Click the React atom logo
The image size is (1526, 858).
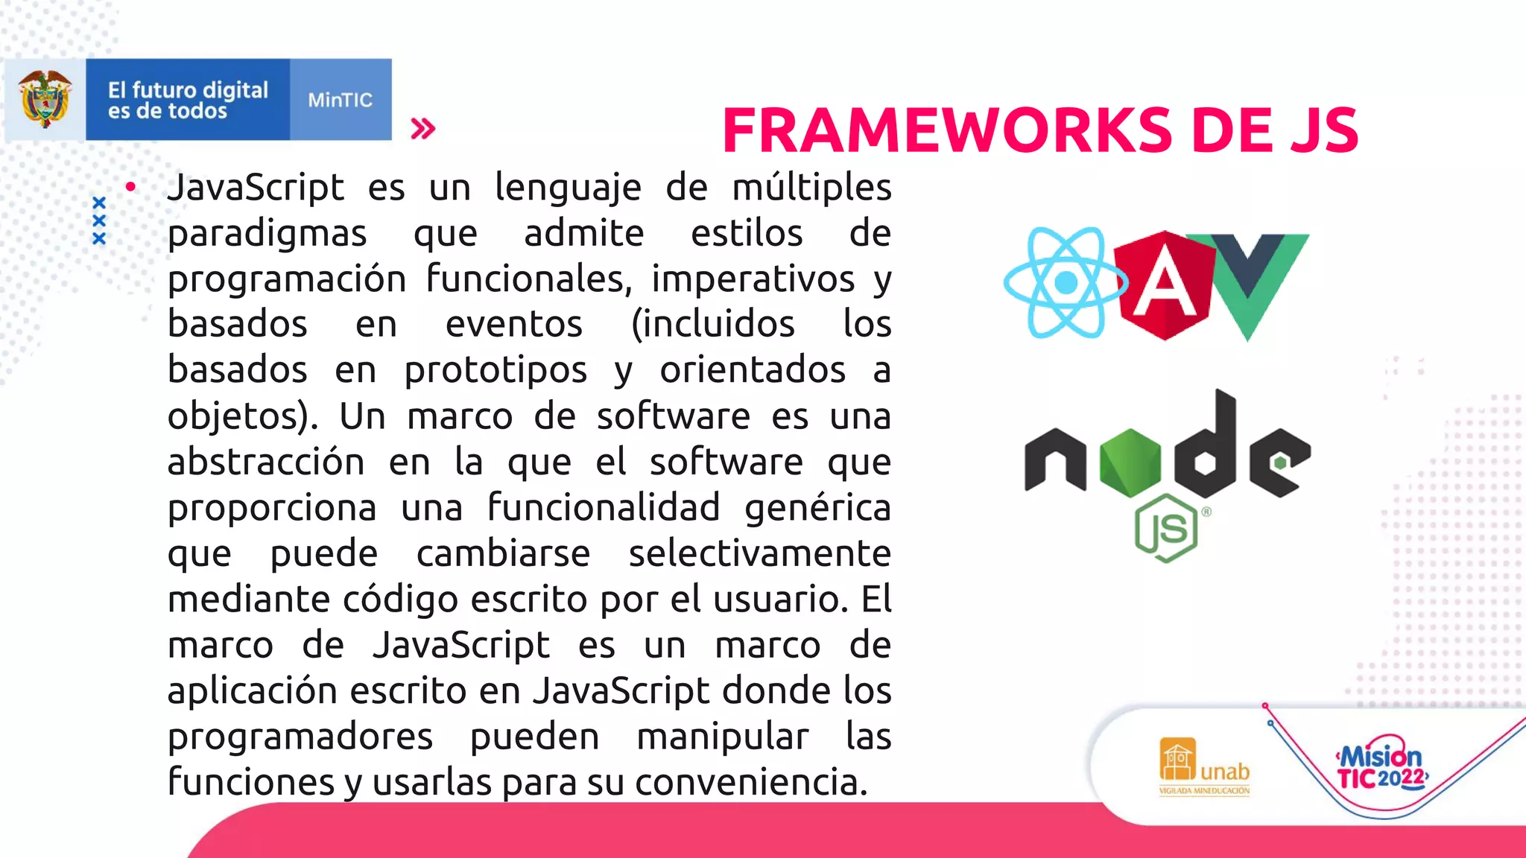tap(1066, 283)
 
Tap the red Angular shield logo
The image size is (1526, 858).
tap(1165, 285)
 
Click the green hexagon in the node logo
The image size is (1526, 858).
tap(1130, 463)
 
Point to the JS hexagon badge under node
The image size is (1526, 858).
tap(1166, 528)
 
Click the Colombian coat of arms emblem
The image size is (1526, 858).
tap(45, 99)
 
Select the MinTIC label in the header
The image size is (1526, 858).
tap(340, 100)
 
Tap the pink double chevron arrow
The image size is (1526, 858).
tap(422, 129)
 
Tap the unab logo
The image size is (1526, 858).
tap(1204, 766)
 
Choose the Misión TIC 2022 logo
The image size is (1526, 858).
tap(1381, 767)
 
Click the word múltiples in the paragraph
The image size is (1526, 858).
tap(811, 187)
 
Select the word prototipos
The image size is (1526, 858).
tap(496, 370)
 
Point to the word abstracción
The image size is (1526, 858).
tap(266, 462)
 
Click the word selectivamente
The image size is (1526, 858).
tap(759, 553)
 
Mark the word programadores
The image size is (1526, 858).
tap(300, 737)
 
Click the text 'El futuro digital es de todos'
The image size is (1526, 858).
tap(188, 100)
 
